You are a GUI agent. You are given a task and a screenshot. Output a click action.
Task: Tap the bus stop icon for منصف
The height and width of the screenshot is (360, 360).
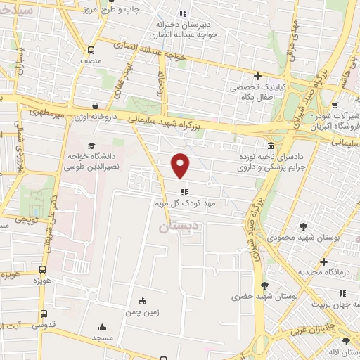click(91, 50)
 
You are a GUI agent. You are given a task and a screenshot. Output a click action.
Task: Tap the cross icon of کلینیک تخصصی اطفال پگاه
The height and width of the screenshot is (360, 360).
click(257, 76)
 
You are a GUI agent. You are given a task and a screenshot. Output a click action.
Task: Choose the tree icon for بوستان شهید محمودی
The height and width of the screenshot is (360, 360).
click(303, 226)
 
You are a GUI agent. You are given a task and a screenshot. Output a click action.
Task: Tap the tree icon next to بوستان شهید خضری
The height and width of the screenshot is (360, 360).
click(264, 285)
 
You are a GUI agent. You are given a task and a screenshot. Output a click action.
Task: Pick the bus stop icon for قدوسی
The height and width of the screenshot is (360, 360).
click(44, 314)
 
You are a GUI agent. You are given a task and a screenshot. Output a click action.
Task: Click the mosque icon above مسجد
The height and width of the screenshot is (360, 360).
click(102, 327)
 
